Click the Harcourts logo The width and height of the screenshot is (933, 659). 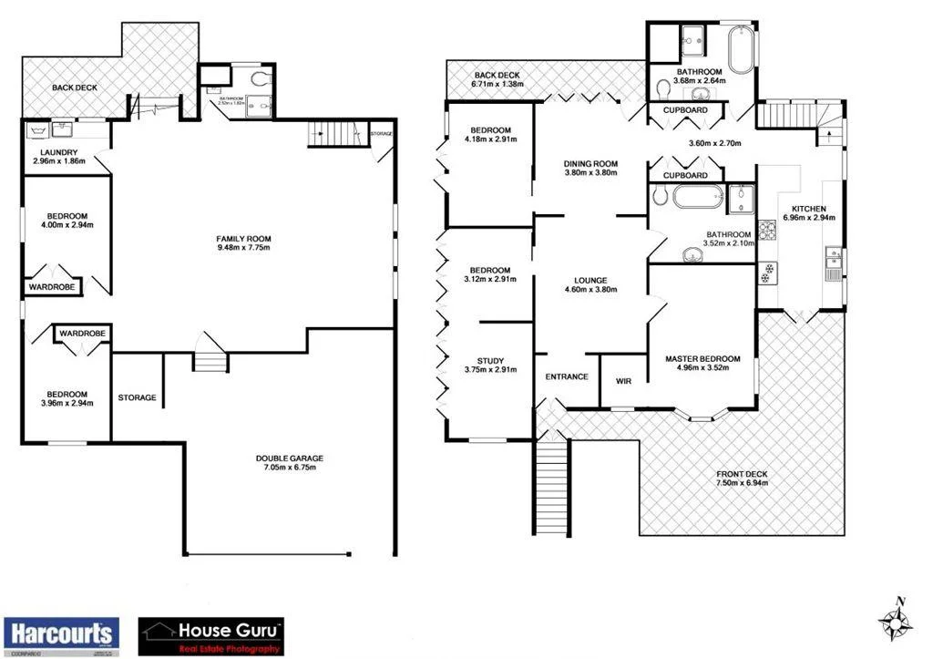[x=61, y=633]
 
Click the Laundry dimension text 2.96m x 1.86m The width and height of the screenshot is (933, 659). [x=59, y=161]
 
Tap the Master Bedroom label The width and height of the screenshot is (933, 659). [x=702, y=359]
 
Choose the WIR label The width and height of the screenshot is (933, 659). [x=624, y=381]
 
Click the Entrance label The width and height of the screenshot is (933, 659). [x=566, y=376]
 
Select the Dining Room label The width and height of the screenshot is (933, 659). [x=590, y=163]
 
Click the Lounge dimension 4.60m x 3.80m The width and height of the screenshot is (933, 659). [x=590, y=290]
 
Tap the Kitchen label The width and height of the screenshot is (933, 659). [x=808, y=209]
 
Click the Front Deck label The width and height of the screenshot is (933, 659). [x=743, y=474]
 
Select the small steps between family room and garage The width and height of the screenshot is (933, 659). [x=209, y=362]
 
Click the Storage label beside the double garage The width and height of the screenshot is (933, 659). [x=137, y=397]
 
